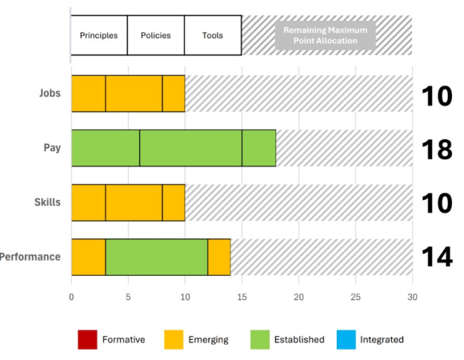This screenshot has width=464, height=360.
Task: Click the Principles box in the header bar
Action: pos(99,35)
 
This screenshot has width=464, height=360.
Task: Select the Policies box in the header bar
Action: pos(155,35)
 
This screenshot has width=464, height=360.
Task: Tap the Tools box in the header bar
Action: pos(213,35)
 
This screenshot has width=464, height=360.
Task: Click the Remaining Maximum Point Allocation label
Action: pos(326,35)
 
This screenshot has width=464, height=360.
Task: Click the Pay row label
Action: pos(52,148)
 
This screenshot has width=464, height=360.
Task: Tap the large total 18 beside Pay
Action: pos(438,149)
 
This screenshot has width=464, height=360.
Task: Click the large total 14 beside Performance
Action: pos(438,258)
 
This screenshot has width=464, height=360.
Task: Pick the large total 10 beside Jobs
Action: pos(438,94)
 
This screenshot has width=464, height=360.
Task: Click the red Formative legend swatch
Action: pos(86,339)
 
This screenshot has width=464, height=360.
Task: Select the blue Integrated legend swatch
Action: pos(345,339)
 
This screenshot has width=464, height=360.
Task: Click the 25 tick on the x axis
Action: pos(355,297)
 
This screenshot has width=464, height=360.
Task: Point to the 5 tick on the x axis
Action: pos(128,297)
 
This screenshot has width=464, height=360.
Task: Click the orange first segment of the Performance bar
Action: pos(88,257)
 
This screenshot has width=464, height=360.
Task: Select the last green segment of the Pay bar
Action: pos(258,148)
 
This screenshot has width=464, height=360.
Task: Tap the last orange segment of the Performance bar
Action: pos(219,257)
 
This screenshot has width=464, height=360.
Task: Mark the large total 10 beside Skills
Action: pos(438,203)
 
